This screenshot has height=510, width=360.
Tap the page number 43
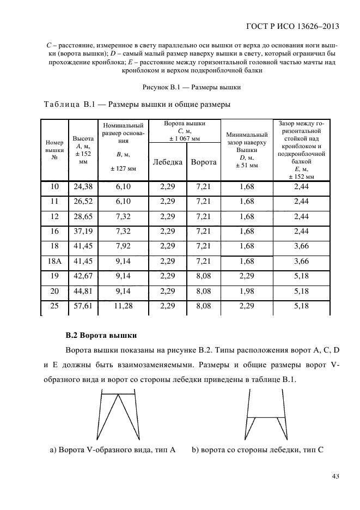click(335, 477)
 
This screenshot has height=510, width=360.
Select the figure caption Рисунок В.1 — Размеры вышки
click(192, 87)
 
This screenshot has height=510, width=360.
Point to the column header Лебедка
click(167, 162)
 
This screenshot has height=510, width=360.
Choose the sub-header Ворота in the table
click(203, 162)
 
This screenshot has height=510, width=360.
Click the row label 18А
click(54, 261)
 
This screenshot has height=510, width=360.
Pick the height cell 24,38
click(83, 187)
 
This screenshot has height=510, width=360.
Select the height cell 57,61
click(83, 307)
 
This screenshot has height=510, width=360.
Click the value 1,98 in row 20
click(247, 292)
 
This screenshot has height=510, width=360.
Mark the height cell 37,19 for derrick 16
click(83, 232)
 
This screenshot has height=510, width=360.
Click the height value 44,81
click(83, 292)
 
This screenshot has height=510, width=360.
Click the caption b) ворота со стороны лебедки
click(258, 450)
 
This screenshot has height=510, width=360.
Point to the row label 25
click(54, 307)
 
